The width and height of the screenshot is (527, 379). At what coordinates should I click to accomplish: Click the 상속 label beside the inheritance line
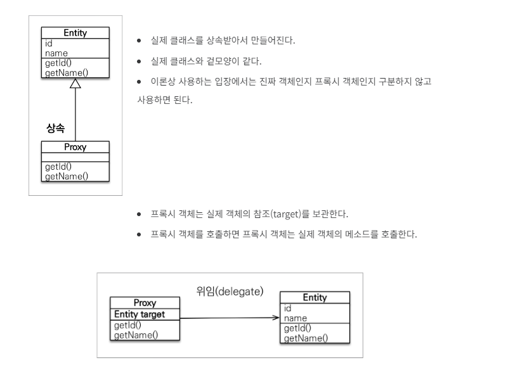click(56, 129)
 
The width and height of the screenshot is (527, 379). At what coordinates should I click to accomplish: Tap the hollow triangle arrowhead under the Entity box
click(75, 84)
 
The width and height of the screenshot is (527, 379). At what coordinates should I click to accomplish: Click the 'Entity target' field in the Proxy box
click(140, 314)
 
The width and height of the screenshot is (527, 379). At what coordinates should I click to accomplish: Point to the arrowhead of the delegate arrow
click(276, 318)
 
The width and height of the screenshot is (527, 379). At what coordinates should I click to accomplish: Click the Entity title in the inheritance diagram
click(75, 33)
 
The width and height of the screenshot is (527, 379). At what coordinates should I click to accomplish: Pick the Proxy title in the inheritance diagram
click(75, 147)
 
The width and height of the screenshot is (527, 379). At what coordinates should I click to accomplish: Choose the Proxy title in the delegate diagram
click(145, 304)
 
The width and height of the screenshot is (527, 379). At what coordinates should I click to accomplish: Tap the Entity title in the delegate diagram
click(315, 297)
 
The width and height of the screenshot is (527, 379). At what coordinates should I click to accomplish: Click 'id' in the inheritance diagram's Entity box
click(48, 44)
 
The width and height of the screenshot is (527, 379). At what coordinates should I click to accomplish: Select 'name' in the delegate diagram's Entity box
click(296, 318)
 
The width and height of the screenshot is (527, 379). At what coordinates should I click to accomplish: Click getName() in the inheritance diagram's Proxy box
click(66, 176)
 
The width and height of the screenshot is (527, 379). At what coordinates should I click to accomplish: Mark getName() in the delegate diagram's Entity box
click(306, 338)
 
